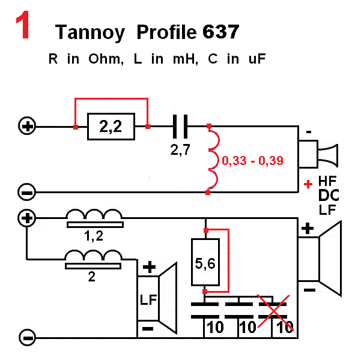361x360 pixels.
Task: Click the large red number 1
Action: [x=23, y=26]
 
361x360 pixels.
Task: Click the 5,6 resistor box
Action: [x=205, y=262]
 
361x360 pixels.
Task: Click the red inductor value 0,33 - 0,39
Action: [x=252, y=161]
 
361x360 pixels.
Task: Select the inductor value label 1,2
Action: [x=94, y=236]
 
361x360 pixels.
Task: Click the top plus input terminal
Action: [x=27, y=127]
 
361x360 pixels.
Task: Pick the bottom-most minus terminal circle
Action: [x=27, y=337]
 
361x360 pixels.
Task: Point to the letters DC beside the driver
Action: [x=327, y=195]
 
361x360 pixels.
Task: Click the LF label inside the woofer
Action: [x=148, y=299]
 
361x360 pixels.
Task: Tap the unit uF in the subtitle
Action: [x=256, y=59]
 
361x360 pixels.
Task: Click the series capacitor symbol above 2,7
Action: [x=180, y=127]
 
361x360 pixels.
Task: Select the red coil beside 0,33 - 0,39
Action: [x=213, y=160]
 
